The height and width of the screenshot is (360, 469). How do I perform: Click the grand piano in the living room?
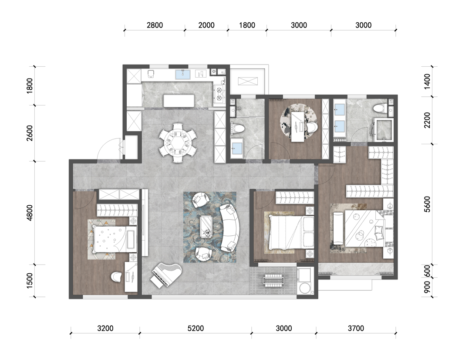click(165, 275)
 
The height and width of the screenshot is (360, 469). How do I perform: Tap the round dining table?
click(178, 142)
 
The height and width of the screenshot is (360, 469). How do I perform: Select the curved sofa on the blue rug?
click(230, 228)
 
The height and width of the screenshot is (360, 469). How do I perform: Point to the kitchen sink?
click(183, 74)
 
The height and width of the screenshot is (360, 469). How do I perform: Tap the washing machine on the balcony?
click(305, 281)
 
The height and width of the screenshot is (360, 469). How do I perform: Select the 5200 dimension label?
click(196, 328)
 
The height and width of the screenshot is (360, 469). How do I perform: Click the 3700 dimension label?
click(356, 328)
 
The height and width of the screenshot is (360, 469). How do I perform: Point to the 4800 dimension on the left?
click(29, 213)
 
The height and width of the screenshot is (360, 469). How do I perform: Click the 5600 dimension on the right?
click(427, 204)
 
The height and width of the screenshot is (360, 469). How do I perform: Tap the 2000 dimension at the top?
click(206, 25)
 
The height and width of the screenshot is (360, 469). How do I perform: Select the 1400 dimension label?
click(427, 82)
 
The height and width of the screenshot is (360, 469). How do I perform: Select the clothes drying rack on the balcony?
click(273, 280)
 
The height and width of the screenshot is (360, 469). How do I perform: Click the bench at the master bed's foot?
click(338, 228)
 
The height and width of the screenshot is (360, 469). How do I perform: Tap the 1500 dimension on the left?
click(29, 281)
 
